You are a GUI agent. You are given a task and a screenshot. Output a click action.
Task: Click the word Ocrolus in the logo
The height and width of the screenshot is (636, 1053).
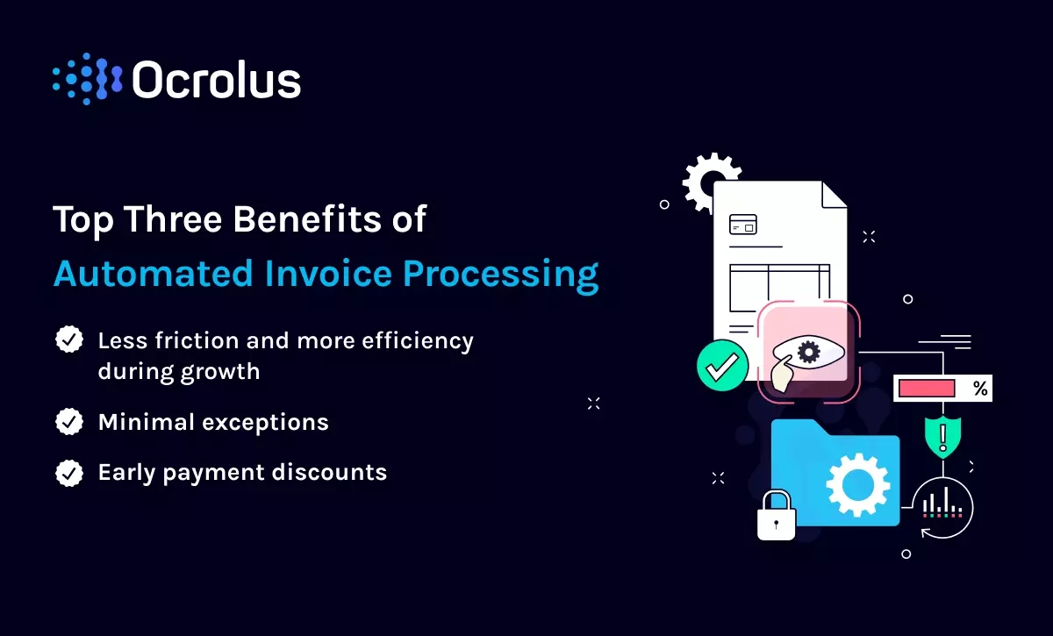(x=217, y=79)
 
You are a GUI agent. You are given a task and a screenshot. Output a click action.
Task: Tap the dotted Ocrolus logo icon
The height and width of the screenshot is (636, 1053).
(x=88, y=79)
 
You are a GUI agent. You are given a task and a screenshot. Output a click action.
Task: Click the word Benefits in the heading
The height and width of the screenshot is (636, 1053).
(x=307, y=219)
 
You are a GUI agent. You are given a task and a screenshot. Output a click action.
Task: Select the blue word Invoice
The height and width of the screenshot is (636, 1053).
(x=328, y=273)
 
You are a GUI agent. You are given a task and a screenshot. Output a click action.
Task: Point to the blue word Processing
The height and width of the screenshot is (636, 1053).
(x=501, y=276)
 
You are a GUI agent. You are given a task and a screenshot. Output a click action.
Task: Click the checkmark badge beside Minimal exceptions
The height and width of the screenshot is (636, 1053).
(x=69, y=421)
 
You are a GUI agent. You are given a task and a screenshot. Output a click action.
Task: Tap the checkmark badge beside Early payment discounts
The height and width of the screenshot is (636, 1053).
(x=69, y=473)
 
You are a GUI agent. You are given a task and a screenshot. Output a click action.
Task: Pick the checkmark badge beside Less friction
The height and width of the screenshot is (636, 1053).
(x=69, y=339)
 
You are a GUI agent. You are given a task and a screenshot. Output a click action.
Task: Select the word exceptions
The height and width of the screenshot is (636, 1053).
(x=265, y=423)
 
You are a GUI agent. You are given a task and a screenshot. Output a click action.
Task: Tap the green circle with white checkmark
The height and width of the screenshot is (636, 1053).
(x=722, y=366)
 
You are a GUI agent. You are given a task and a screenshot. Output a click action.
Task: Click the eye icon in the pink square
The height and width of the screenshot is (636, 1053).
(x=808, y=352)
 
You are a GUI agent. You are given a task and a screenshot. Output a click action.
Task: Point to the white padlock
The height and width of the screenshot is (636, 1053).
(x=776, y=516)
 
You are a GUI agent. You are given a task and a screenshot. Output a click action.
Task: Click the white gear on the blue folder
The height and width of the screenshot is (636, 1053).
(x=858, y=484)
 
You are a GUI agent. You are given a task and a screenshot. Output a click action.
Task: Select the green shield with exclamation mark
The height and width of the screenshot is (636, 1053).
(x=942, y=437)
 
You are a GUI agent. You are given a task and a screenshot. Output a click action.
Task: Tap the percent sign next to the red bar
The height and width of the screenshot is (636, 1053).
(x=980, y=389)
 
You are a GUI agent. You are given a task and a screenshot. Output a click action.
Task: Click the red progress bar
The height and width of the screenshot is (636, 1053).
(x=927, y=389)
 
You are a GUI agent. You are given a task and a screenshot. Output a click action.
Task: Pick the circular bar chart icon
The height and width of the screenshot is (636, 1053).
(x=942, y=508)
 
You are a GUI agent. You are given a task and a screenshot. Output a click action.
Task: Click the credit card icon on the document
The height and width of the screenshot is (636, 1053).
(x=742, y=225)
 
